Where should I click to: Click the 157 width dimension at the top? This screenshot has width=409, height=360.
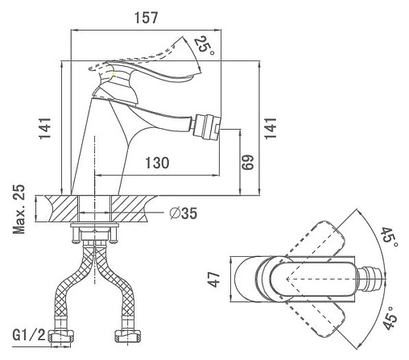[146, 18]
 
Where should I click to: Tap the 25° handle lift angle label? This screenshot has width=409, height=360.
[204, 45]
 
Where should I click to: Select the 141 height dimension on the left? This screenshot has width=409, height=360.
[45, 128]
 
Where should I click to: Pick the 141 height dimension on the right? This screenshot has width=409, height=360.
[271, 128]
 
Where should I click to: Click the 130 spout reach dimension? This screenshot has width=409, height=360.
[157, 163]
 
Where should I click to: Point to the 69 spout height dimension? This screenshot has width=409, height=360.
[247, 162]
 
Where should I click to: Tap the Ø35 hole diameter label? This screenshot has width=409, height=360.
[184, 213]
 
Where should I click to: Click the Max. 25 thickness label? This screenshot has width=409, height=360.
[19, 209]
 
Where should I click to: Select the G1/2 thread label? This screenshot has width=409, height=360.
[29, 334]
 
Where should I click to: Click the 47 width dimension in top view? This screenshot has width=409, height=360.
[214, 279]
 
